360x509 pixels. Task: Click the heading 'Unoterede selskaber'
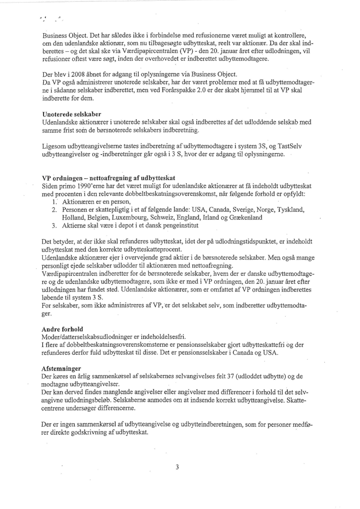point(71,114)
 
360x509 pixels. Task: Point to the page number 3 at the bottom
point(177,467)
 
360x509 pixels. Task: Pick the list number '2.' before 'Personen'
point(54,210)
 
